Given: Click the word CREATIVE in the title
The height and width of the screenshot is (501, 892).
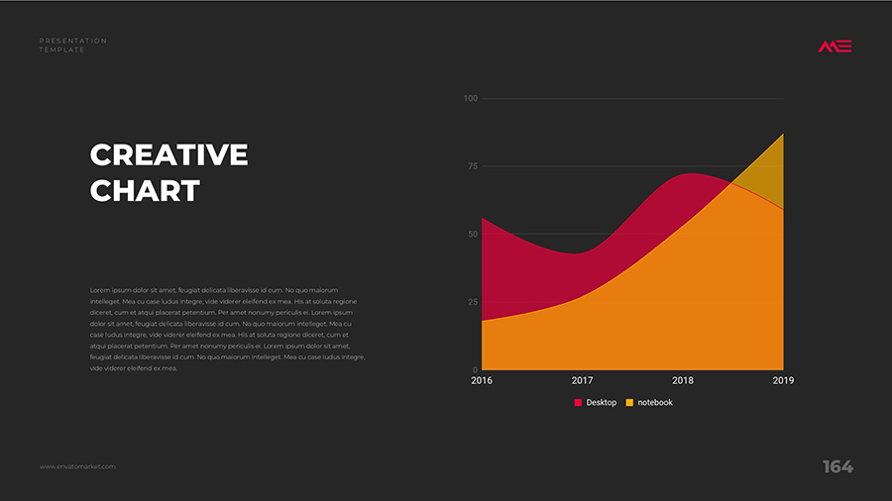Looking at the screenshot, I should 168,155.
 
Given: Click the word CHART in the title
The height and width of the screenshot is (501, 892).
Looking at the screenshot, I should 145,190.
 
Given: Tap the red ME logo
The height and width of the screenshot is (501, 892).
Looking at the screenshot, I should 835,46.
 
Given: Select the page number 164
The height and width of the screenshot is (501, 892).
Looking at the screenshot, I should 837,466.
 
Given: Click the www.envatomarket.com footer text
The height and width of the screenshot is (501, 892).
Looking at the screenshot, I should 77,466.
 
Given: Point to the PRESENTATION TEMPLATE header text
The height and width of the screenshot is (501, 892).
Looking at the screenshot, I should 73,45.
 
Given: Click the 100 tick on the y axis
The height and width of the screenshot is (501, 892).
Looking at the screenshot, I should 470,99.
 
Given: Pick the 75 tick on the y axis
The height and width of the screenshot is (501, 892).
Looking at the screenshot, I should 472,166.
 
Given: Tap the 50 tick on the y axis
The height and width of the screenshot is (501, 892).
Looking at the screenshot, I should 472,235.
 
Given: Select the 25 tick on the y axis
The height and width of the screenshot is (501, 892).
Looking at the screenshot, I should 472,302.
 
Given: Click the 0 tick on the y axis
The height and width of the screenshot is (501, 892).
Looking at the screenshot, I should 475,369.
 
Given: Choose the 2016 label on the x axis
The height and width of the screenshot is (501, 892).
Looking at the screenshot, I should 482,380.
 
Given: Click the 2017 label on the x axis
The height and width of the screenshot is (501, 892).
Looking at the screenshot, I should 582,380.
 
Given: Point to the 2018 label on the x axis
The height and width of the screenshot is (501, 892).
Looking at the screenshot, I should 683,380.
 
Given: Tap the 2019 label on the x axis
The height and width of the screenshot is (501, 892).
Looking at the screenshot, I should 783,380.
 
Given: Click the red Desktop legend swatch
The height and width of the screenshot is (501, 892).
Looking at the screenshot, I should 579,403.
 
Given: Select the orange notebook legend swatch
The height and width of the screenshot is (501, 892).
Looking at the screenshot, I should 630,403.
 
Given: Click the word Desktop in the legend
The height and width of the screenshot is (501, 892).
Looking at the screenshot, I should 602,403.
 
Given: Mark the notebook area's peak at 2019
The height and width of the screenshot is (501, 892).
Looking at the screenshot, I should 783,134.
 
